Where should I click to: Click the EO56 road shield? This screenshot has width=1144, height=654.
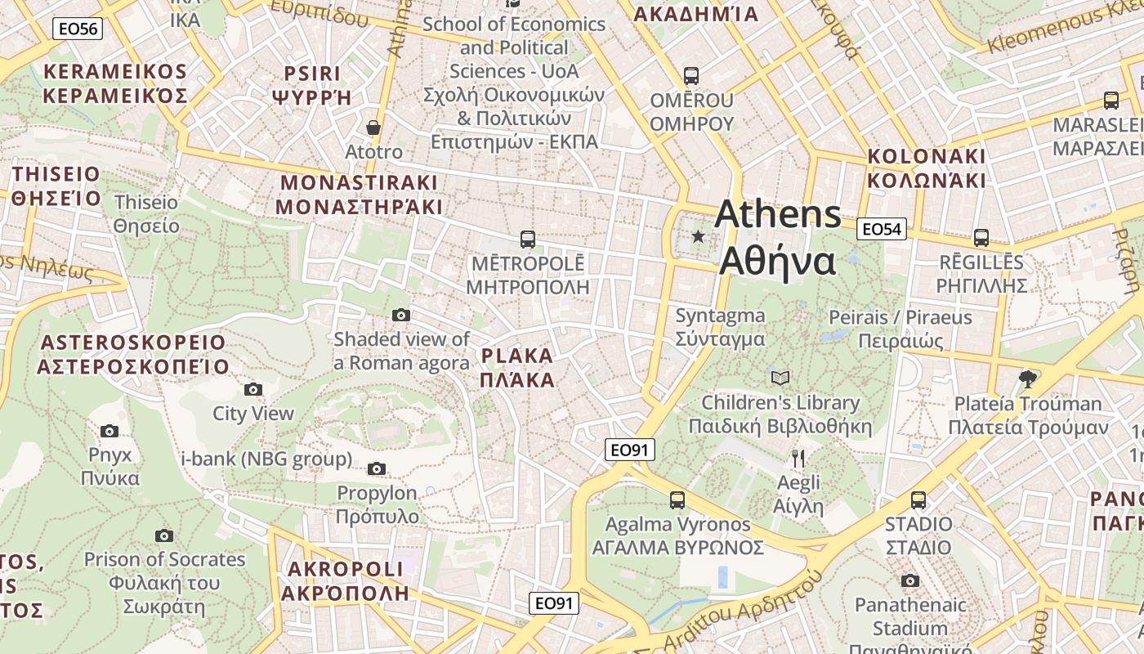(77, 29)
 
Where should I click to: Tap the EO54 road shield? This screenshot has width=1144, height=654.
(882, 229)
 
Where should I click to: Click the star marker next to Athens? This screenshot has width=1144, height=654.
(698, 237)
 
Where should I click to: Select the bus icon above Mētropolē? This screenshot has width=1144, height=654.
(528, 240)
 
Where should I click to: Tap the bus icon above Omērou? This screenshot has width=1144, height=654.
(691, 76)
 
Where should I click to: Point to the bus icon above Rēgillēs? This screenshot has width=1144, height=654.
(981, 238)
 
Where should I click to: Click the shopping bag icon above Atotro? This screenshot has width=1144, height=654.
(373, 128)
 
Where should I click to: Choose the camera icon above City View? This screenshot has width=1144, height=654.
(253, 389)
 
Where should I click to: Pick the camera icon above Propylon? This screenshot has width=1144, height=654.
(377, 468)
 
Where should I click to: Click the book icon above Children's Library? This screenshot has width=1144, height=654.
(780, 378)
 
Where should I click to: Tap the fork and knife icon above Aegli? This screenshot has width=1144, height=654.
(798, 458)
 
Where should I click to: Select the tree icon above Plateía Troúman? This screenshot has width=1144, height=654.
(1028, 379)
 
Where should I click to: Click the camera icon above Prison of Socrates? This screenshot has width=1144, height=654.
(164, 535)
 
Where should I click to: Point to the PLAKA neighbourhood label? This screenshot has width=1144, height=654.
(517, 368)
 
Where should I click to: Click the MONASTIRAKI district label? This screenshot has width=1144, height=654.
(359, 195)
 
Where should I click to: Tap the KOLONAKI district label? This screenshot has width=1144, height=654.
(927, 168)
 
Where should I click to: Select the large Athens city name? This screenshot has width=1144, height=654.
(777, 238)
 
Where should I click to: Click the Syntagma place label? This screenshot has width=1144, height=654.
(720, 326)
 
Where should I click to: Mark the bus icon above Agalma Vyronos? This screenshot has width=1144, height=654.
(677, 499)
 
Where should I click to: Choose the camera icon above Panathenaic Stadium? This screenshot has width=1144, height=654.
(910, 580)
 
